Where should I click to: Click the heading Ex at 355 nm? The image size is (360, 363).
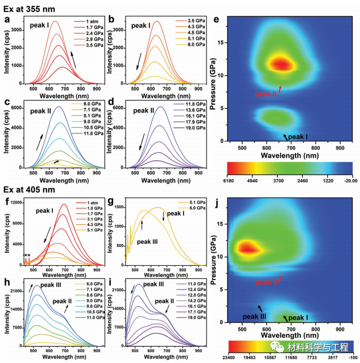[x=26, y=7]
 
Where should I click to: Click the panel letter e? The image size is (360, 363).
[x=216, y=20]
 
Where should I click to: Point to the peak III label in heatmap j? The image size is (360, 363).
[x=255, y=317]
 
